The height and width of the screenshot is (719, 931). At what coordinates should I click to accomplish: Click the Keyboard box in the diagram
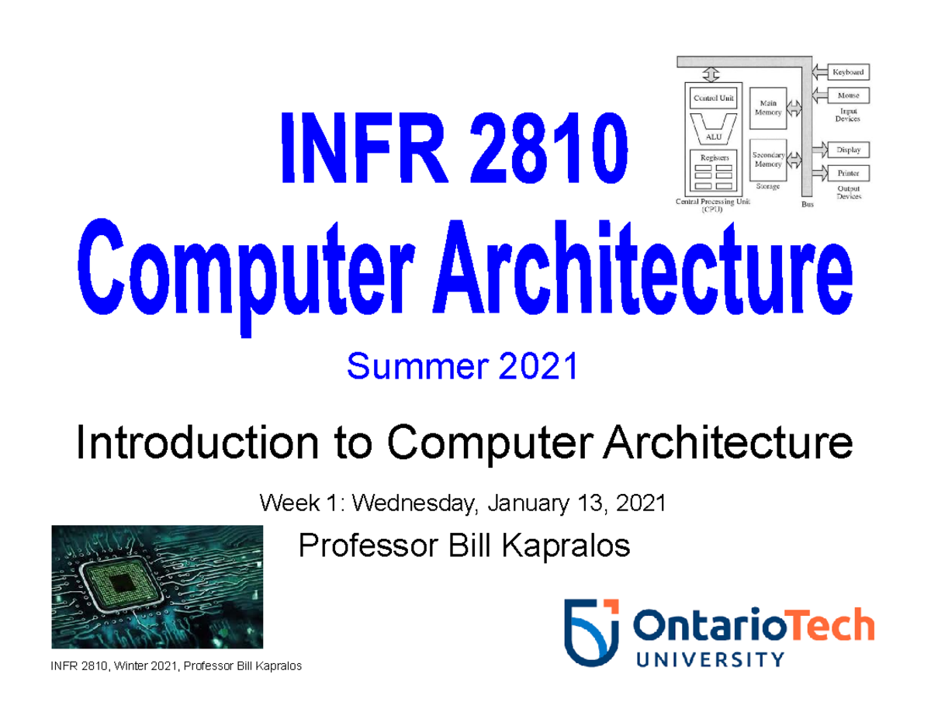(x=850, y=72)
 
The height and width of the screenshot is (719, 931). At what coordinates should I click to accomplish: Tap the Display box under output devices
(x=850, y=149)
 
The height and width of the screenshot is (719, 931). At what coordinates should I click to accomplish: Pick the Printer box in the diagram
(x=850, y=172)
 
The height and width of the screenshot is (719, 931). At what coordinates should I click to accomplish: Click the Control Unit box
(x=713, y=98)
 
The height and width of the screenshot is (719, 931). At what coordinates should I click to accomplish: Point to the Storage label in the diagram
(x=765, y=187)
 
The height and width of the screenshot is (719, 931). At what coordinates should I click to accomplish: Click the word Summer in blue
(x=401, y=366)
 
